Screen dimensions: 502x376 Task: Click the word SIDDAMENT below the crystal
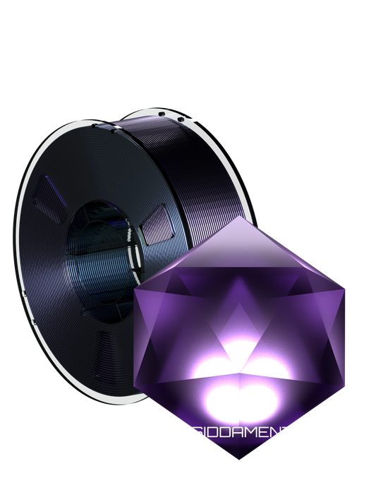241,433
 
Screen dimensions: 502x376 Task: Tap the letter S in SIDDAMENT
195,433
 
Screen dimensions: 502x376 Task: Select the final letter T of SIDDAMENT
286,433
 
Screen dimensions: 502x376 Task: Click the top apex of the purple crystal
241,216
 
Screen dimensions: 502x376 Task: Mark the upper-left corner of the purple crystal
134,287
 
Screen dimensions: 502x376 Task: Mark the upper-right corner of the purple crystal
347,287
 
